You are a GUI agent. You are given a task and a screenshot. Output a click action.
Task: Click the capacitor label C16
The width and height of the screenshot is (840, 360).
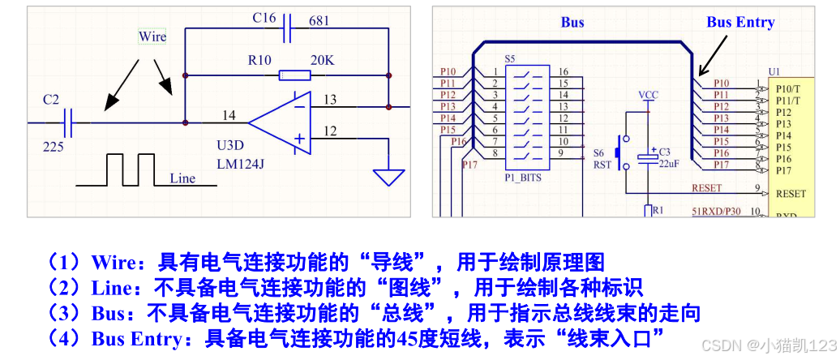[264, 18]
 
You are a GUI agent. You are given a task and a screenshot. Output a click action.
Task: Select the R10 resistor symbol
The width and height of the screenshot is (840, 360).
[294, 75]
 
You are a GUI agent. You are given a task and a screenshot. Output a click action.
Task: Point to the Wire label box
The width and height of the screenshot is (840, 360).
[152, 36]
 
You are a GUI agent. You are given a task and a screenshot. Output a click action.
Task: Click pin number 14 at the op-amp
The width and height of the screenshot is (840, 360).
[229, 116]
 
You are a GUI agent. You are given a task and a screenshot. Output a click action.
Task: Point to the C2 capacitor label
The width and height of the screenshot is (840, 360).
[51, 99]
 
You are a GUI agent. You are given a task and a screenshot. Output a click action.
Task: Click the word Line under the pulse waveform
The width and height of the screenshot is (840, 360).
[182, 178]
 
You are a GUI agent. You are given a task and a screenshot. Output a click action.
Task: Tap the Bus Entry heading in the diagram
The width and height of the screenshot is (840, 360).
[739, 23]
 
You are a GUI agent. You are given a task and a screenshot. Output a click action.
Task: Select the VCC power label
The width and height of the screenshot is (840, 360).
[648, 95]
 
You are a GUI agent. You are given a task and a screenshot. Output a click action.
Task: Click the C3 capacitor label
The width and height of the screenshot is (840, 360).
[665, 152]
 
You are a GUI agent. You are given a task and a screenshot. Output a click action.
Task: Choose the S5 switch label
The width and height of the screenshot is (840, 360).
[509, 59]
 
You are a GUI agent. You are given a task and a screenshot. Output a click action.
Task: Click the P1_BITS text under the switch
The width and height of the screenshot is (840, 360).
[523, 176]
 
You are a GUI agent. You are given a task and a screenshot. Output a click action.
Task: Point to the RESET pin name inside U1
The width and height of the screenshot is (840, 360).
[791, 194]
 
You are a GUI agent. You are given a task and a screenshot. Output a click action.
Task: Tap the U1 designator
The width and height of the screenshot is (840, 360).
[774, 72]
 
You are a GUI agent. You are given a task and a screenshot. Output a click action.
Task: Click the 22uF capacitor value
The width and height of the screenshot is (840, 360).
[666, 165]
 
